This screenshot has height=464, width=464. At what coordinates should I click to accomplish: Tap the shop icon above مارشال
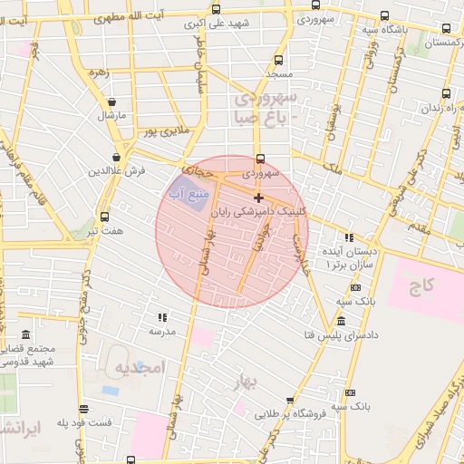click(x=111, y=102)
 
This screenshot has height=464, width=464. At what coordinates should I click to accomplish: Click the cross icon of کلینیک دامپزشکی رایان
click(x=258, y=198)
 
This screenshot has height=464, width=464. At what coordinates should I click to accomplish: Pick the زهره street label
click(x=100, y=71)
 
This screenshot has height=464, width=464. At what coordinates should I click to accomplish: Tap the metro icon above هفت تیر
click(x=105, y=217)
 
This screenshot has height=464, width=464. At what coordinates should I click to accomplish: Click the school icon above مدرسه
click(x=162, y=317)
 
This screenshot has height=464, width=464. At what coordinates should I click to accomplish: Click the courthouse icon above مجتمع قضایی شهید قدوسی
click(x=24, y=334)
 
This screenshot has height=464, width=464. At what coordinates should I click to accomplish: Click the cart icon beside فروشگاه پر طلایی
click(x=289, y=400)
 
